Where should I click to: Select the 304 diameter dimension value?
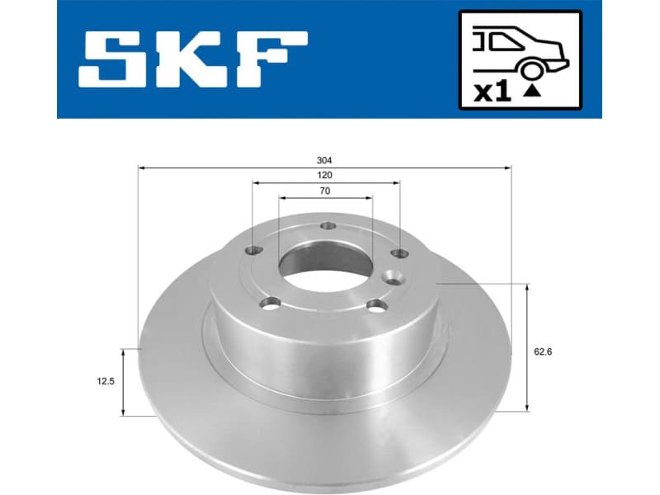click(x=325, y=160)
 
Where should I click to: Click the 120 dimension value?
click(x=325, y=176)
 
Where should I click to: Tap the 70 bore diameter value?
click(x=325, y=191)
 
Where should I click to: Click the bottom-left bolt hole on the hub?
click(x=269, y=305)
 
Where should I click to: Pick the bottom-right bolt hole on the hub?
click(x=377, y=305)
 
